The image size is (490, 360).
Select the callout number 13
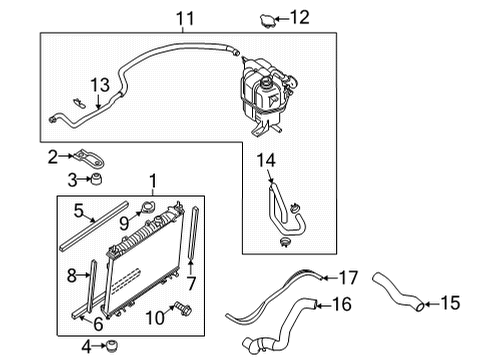(98, 85)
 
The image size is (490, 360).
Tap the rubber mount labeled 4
(113, 347)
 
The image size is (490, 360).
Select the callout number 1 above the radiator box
(152, 181)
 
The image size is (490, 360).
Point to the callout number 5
(78, 211)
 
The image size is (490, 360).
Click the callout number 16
(342, 303)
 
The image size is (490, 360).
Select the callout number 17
(347, 277)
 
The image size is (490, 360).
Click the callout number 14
(266, 159)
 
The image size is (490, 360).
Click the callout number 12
(299, 16)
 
